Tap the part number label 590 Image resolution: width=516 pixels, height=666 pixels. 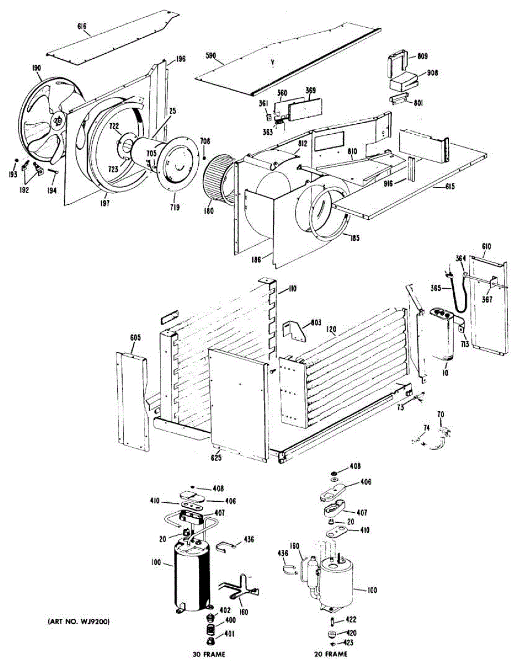pos(212,56)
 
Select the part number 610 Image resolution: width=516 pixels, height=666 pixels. pos(487,246)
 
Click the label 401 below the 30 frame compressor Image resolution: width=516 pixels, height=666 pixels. pos(229,635)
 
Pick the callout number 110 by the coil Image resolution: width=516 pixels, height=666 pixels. pos(292,289)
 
